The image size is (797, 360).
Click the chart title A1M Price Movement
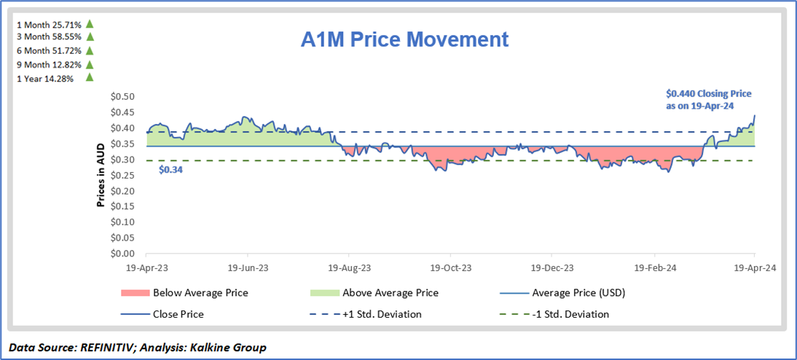tap(405, 39)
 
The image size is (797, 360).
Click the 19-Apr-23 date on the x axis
tap(147, 267)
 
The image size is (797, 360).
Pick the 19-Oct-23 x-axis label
tap(451, 267)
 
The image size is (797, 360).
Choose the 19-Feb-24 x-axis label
tap(653, 267)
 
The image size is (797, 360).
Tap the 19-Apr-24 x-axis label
tap(754, 267)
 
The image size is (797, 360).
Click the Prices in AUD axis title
tap(101, 175)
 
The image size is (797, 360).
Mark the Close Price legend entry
tap(178, 314)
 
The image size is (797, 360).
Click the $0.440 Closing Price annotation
tap(709, 99)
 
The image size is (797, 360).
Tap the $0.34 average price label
tap(171, 169)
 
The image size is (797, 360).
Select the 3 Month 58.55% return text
tap(48, 36)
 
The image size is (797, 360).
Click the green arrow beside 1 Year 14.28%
tap(90, 77)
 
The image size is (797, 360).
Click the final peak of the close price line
tap(754, 115)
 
